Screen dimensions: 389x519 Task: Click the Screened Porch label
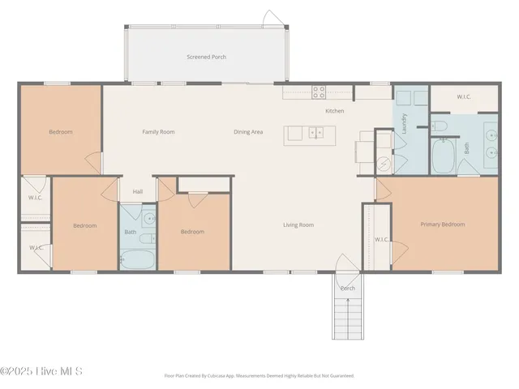[206, 58]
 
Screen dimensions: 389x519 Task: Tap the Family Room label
[158, 132]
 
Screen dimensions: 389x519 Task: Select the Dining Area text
[248, 132]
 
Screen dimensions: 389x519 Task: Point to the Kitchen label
[335, 111]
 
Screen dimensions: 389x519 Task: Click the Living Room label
[298, 224]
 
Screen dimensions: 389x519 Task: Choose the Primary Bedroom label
[443, 224]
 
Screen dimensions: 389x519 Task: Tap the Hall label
[138, 192]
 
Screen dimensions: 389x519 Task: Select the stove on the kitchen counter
[319, 92]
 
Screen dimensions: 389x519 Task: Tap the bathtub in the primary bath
[444, 156]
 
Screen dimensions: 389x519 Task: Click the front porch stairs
[348, 318]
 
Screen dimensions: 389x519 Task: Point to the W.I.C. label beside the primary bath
[464, 97]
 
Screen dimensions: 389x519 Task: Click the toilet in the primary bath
[438, 126]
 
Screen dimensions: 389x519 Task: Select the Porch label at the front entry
[347, 289]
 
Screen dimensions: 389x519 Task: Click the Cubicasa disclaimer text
[259, 376]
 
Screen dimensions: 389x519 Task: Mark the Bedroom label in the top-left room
[60, 132]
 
